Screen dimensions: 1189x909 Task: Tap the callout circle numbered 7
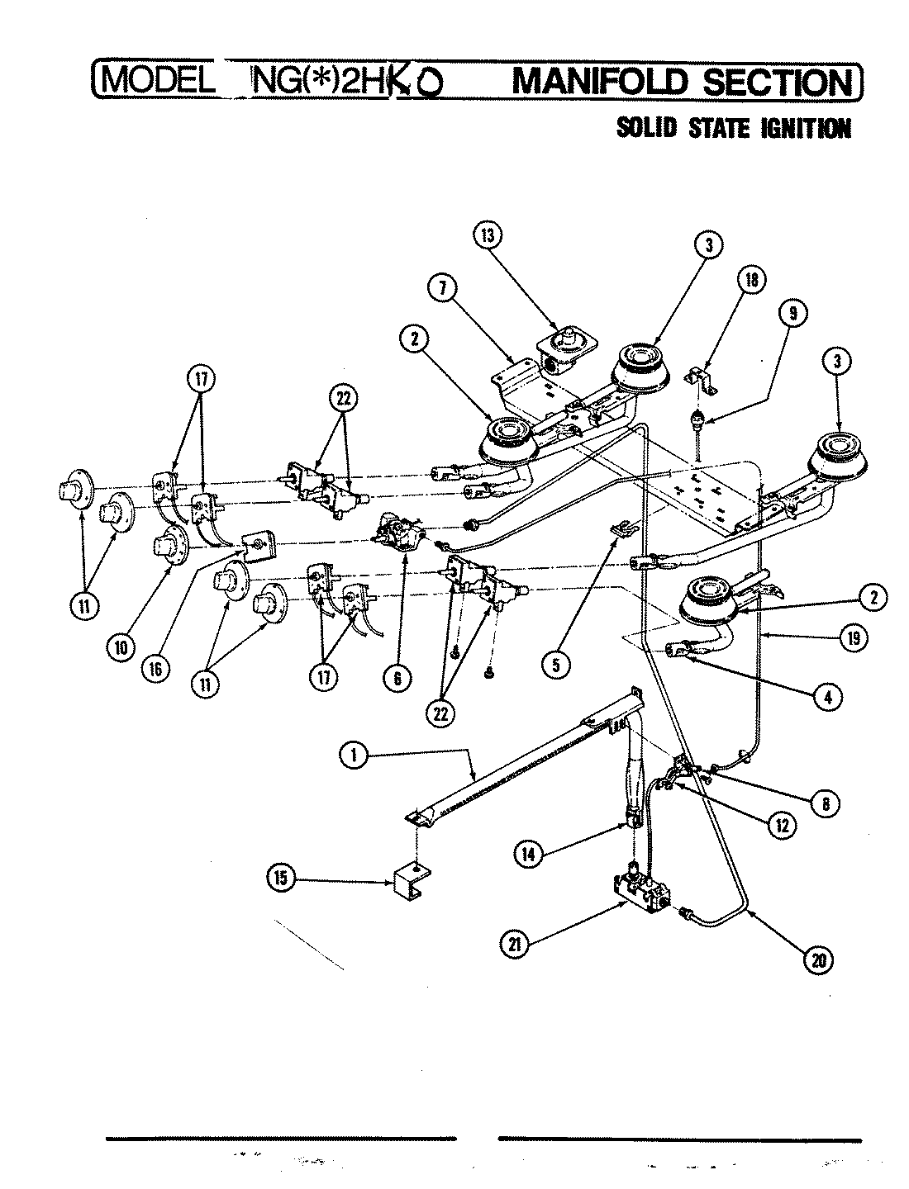443,288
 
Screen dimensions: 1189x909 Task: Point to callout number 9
793,314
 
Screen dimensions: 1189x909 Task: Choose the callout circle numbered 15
280,881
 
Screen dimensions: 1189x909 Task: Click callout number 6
397,678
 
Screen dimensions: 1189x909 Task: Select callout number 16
155,670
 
